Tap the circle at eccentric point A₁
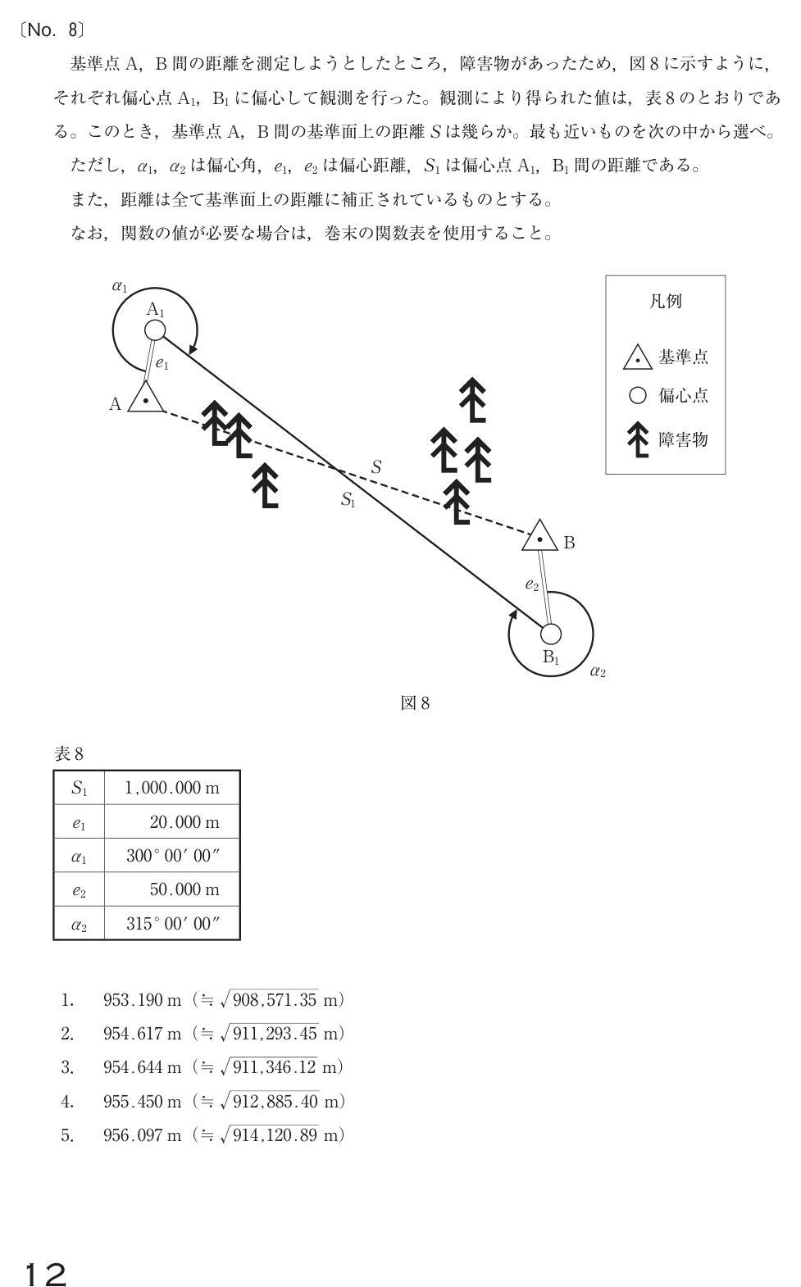[x=155, y=330]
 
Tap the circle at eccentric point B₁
[x=550, y=634]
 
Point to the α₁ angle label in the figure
[x=120, y=286]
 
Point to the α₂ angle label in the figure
[x=598, y=671]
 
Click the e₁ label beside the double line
[x=162, y=364]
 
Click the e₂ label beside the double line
[x=532, y=585]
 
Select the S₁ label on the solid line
[x=348, y=499]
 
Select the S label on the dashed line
[x=376, y=467]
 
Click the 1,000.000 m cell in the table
[x=172, y=788]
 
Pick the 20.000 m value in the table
[x=184, y=822]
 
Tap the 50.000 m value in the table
[x=184, y=889]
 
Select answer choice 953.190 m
[x=142, y=1000]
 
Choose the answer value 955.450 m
[x=142, y=1102]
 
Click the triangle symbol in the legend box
[x=637, y=357]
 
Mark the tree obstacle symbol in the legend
[x=638, y=439]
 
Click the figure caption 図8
[x=415, y=703]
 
